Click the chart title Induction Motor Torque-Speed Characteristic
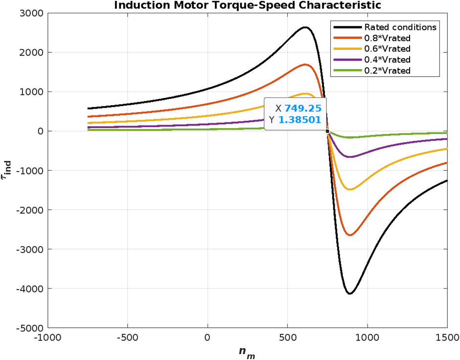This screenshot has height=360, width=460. coord(247,5)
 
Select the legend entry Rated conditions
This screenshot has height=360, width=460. coord(400,27)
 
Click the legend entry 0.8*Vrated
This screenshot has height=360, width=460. coord(388,38)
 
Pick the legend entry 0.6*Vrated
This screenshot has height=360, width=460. coord(388,48)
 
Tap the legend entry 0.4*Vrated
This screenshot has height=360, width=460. coord(388,59)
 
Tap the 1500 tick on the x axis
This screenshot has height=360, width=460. coord(447,338)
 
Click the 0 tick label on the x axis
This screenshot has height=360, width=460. coord(207,338)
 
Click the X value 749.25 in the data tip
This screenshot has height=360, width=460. coord(302,109)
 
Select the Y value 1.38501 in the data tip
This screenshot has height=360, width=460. coord(299,119)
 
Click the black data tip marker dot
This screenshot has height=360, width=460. coord(327,131)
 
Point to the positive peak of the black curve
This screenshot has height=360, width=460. coord(305,27)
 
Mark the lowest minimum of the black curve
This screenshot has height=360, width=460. coord(350,293)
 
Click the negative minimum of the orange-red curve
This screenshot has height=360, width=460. coord(350,235)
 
